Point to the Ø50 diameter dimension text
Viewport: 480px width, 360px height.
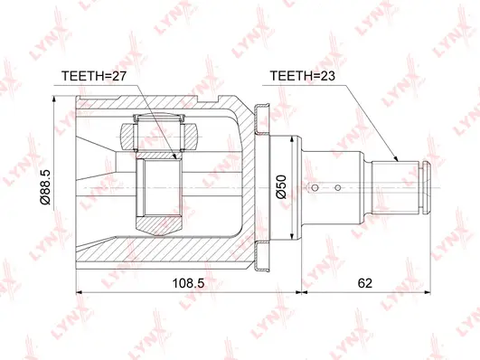click(280, 187)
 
